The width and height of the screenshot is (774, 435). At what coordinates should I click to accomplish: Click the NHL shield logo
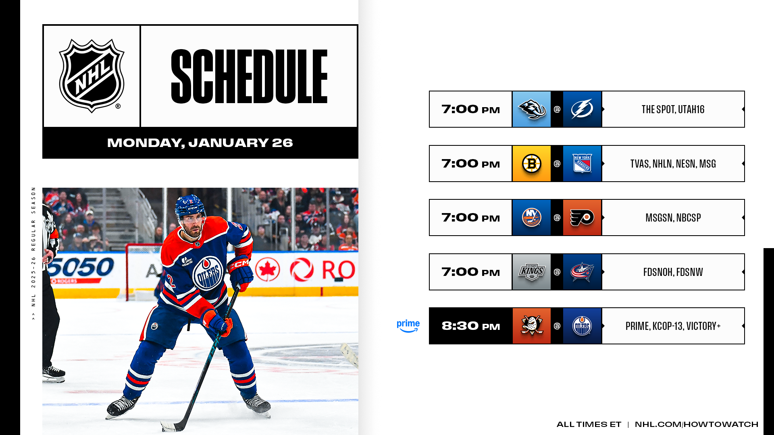[x=92, y=76]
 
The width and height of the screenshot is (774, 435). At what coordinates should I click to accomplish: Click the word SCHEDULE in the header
[x=249, y=77]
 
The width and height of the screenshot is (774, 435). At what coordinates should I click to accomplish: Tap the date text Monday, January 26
[x=200, y=143]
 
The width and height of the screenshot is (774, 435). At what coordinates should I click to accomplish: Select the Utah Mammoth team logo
[x=531, y=109]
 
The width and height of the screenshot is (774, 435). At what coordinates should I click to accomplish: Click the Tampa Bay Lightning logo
[x=582, y=109]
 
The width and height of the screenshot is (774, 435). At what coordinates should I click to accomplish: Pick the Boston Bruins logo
[x=531, y=164]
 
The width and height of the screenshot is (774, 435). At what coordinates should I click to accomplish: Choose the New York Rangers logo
[x=582, y=164]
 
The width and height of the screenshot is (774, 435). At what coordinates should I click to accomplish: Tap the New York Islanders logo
[x=531, y=217]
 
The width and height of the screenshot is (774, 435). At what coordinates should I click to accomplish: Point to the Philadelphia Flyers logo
[x=582, y=217]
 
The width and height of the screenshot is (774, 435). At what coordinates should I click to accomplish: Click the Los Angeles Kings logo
[x=531, y=272]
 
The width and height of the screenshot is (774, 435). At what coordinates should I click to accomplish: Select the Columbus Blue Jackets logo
[x=582, y=272]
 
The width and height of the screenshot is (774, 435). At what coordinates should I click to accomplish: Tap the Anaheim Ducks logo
[x=531, y=326]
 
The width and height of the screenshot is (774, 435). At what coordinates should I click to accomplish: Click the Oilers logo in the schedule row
[x=582, y=326]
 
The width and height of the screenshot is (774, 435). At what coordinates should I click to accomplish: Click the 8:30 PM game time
[x=470, y=326]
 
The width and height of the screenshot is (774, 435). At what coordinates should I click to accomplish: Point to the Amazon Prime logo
[x=408, y=326]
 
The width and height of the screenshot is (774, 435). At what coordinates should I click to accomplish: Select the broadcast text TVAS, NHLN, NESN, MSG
[x=673, y=164]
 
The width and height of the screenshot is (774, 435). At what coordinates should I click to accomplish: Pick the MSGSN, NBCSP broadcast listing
[x=673, y=217]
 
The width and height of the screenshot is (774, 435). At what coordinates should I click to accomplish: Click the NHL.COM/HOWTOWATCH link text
[x=696, y=424]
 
